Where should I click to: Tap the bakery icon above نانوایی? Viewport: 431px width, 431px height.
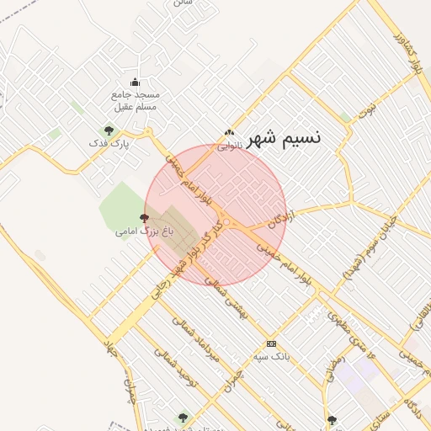pos(229,132)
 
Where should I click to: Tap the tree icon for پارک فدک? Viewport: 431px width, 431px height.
pos(108,130)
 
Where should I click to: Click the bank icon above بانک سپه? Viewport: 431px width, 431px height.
pos(271,343)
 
